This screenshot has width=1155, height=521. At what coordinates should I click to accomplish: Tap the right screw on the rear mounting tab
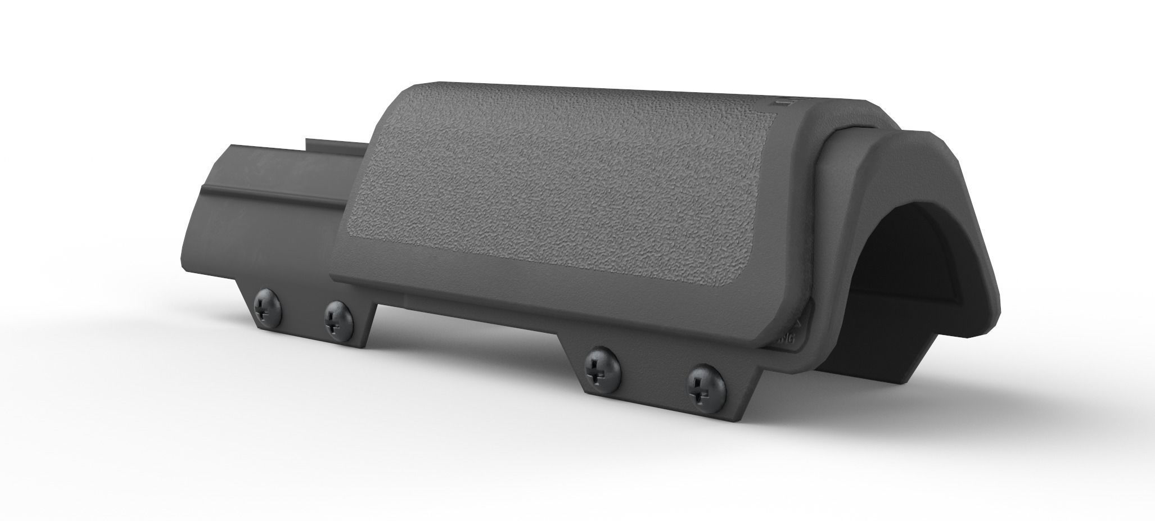339,322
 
